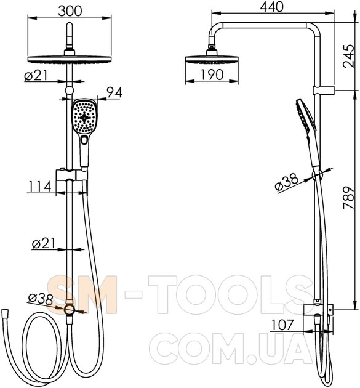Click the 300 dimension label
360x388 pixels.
(70, 10)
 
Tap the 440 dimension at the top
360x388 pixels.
(271, 7)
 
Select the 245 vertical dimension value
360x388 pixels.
(349, 56)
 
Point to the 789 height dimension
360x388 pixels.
(349, 198)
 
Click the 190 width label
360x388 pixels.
(212, 75)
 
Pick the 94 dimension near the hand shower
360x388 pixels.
(114, 92)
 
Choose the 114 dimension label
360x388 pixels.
(40, 187)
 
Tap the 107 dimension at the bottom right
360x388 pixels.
(282, 325)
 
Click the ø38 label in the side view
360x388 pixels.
(287, 182)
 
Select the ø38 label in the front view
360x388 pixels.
(40, 299)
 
